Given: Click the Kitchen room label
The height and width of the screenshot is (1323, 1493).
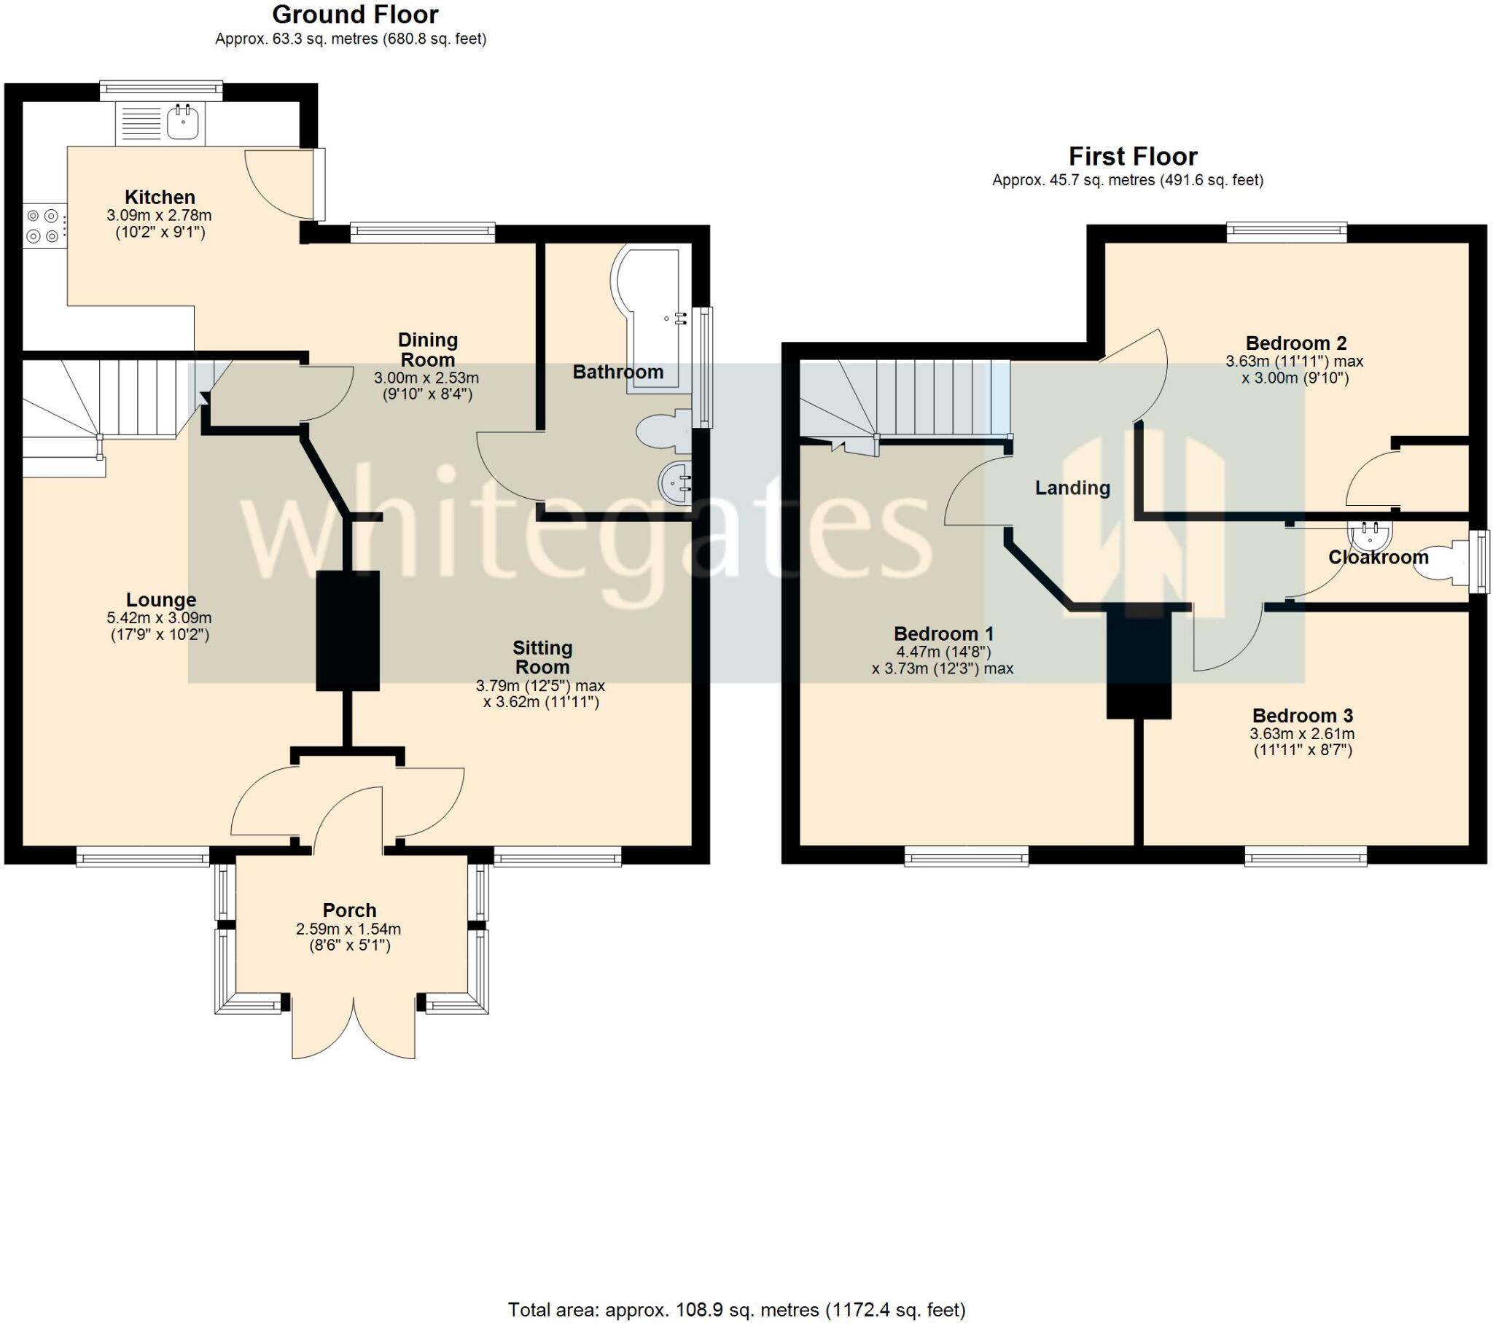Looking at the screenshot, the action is (x=160, y=198).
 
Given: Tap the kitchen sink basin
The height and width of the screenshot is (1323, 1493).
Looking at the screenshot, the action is (x=182, y=121).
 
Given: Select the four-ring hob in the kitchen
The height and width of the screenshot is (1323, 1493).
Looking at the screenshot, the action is (x=42, y=226).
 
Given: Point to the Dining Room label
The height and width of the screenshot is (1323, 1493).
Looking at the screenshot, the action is (x=428, y=350).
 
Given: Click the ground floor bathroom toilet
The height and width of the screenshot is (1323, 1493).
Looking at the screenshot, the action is (x=664, y=432).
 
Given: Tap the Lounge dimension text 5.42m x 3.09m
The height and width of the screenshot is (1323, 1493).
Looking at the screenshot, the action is (x=159, y=618).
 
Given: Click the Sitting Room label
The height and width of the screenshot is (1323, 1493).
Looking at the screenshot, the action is (x=542, y=657).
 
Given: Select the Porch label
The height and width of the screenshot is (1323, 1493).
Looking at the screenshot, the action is (x=350, y=910).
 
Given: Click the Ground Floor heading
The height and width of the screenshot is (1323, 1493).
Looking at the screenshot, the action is (x=355, y=15).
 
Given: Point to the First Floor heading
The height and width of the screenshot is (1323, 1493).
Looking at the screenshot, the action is (x=1133, y=156).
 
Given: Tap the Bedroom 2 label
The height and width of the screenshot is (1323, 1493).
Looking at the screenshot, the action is (x=1295, y=343).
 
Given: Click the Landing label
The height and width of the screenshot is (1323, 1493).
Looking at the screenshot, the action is (x=1072, y=488).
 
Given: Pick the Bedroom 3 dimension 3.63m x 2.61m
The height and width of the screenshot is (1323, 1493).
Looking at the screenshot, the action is (x=1302, y=734).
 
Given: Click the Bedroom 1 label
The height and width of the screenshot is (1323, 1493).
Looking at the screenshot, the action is (x=944, y=633).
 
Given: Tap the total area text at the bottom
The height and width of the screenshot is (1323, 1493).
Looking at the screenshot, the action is (x=736, y=1310).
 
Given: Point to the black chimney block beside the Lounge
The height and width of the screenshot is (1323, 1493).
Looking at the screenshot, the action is (x=348, y=631).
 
